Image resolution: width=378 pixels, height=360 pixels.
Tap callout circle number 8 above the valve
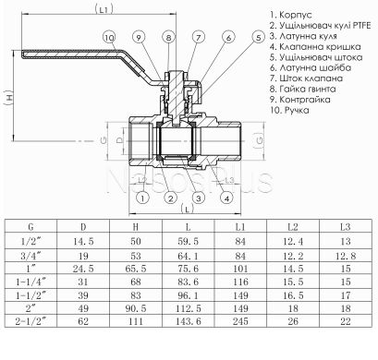click(169, 36)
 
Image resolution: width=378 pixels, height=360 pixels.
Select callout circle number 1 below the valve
click(141, 198)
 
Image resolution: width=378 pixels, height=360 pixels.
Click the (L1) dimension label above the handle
click(104, 10)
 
